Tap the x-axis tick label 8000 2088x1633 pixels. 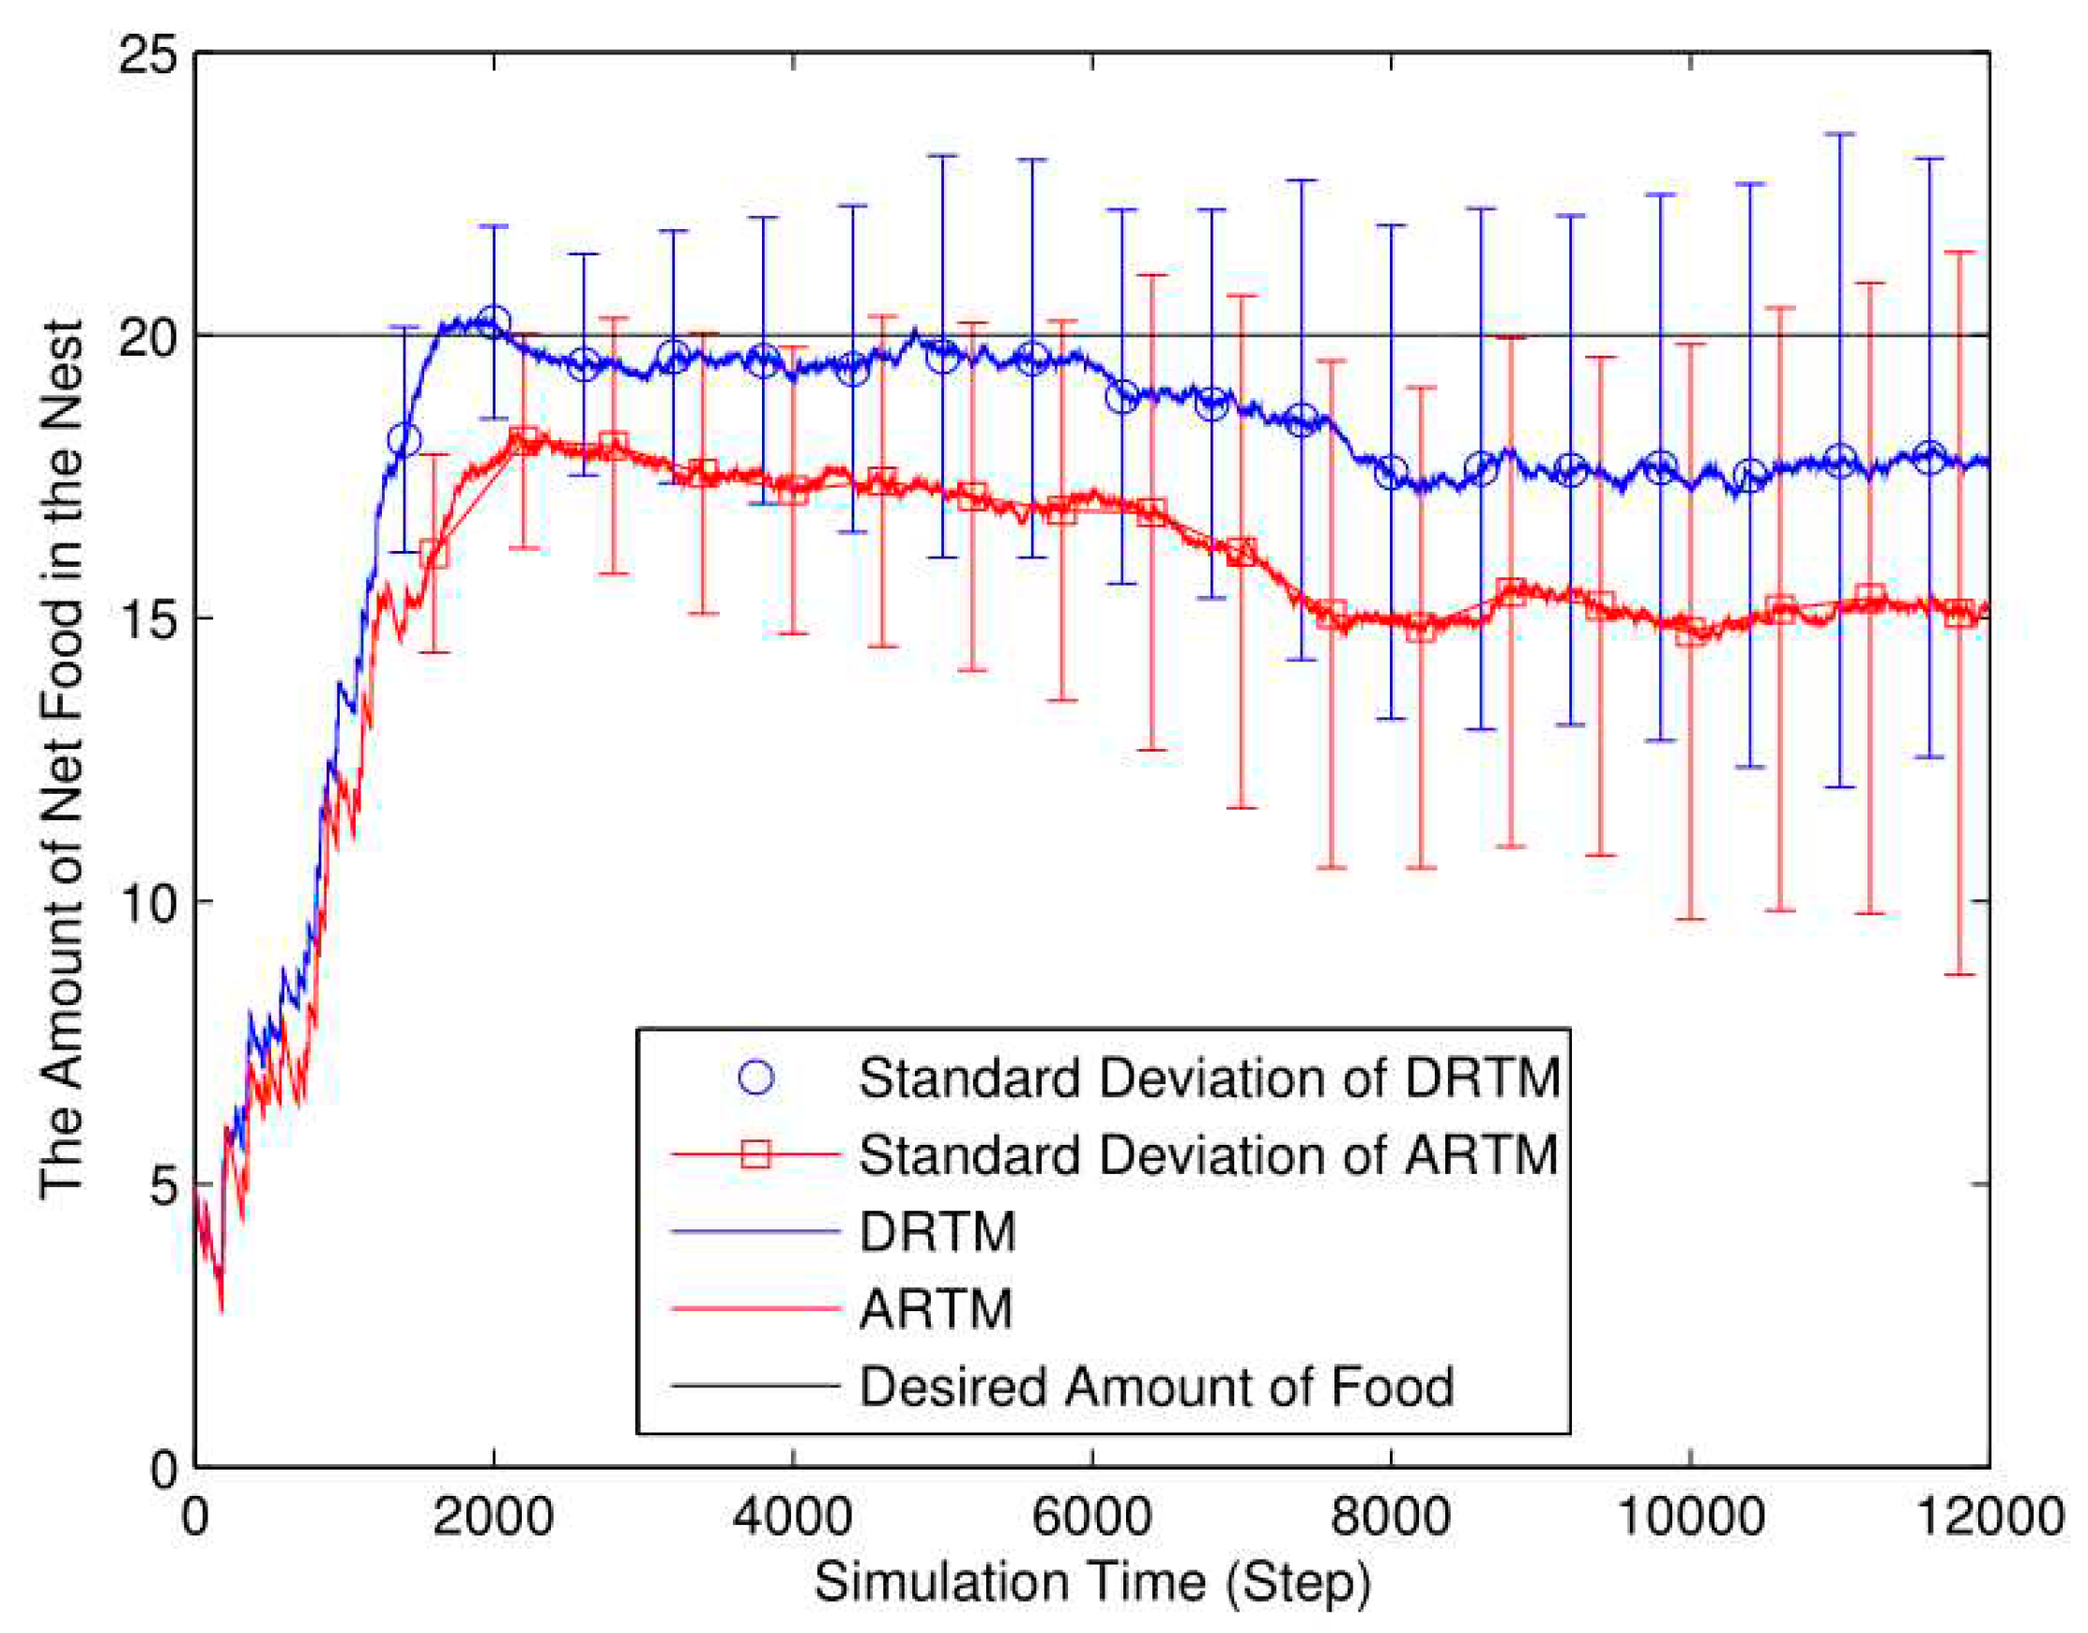(1390, 1518)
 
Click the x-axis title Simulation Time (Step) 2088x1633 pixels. (1091, 1582)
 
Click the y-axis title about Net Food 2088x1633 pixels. (62, 760)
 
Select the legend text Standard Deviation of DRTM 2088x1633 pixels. (1210, 1078)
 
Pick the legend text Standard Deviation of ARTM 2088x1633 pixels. (1210, 1155)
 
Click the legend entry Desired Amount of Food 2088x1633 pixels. (1156, 1386)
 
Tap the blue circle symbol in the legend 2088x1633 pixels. (755, 1078)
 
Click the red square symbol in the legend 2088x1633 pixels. (755, 1155)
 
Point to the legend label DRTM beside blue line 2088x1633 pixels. (937, 1232)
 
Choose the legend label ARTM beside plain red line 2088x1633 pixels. (935, 1309)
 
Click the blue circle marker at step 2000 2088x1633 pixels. (494, 322)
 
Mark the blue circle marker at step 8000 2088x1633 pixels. (1391, 473)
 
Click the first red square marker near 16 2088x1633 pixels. (434, 554)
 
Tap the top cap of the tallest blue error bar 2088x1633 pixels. (1840, 135)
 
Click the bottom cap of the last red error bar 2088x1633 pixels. (1959, 974)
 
